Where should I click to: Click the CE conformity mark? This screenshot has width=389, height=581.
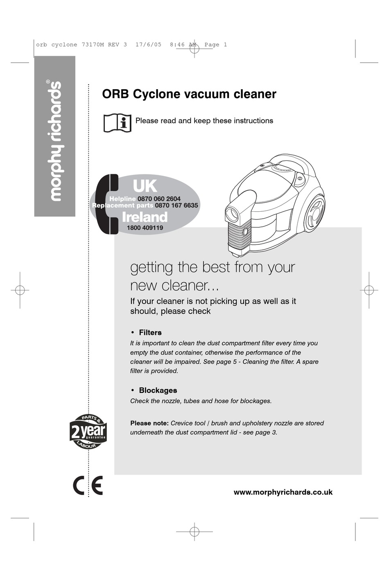click(x=88, y=486)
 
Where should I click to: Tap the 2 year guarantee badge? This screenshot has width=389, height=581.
click(x=88, y=432)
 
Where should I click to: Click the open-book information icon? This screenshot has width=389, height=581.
click(x=118, y=122)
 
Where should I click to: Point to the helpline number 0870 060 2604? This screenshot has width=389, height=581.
click(x=159, y=199)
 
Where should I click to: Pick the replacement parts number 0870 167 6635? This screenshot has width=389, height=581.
click(x=176, y=206)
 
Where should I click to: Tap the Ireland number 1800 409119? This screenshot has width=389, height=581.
click(x=145, y=228)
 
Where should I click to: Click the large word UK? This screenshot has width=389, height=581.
click(x=145, y=186)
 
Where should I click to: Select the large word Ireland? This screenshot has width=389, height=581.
click(x=145, y=217)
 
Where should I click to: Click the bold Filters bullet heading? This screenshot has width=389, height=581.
click(x=150, y=332)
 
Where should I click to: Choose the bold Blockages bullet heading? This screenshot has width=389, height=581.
click(x=158, y=390)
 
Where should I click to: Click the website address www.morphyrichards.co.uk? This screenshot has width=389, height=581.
click(x=283, y=492)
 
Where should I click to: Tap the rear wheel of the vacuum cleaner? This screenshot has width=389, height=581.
click(x=314, y=212)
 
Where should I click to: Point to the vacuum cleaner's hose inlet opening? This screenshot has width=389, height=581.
click(x=232, y=213)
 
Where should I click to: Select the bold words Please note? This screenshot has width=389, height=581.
click(x=149, y=423)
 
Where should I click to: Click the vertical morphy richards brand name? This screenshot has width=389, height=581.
click(x=55, y=141)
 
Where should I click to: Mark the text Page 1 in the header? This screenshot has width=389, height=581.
click(x=215, y=45)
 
